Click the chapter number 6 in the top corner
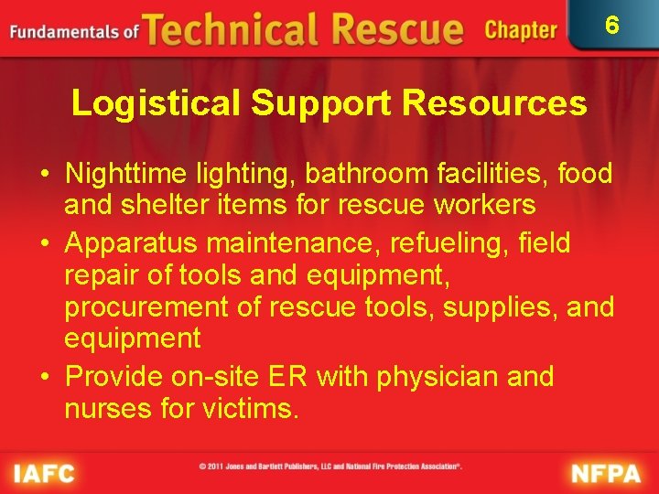click(612, 25)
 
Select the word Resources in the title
click(494, 103)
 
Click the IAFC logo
click(44, 474)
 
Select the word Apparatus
click(135, 242)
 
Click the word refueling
click(439, 242)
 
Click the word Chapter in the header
click(521, 30)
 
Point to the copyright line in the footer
click(330, 467)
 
